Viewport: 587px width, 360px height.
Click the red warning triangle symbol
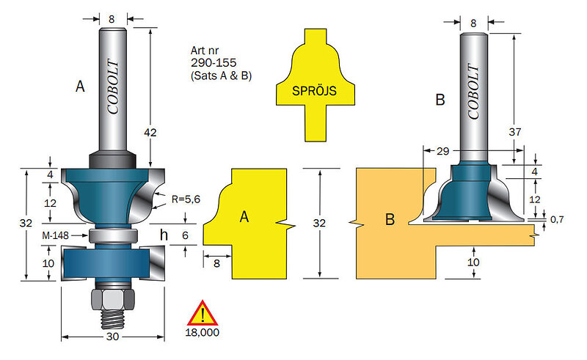pyautogui.click(x=203, y=313)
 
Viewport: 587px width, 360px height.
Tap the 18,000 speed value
pyautogui.click(x=203, y=332)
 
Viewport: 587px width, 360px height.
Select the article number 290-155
pyautogui.click(x=214, y=62)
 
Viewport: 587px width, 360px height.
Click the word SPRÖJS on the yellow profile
pyautogui.click(x=315, y=91)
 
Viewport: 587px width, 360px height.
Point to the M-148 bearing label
pyautogui.click(x=56, y=235)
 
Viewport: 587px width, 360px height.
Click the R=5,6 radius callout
pyautogui.click(x=186, y=199)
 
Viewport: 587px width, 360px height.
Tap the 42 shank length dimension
pyautogui.click(x=150, y=132)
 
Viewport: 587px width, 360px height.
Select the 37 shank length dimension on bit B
pyautogui.click(x=515, y=132)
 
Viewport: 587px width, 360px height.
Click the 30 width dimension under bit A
pyautogui.click(x=112, y=337)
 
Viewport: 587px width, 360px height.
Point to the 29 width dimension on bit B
pyautogui.click(x=442, y=151)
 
